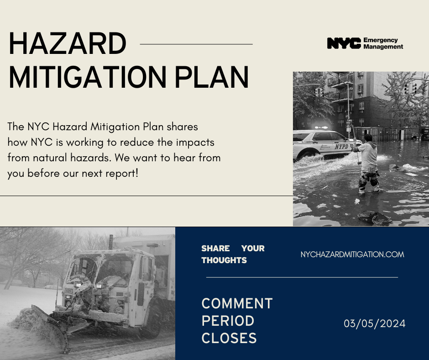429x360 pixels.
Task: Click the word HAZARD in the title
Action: click(x=68, y=44)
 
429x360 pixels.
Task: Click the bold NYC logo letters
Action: click(x=344, y=43)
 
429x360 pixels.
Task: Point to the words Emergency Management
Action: click(x=383, y=43)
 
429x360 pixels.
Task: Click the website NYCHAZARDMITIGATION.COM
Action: click(x=352, y=254)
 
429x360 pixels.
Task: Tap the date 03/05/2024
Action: click(x=375, y=324)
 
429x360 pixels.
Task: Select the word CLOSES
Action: click(x=229, y=339)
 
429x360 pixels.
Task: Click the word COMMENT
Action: click(x=237, y=304)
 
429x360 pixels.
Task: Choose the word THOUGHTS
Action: click(x=224, y=260)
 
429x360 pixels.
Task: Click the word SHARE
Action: click(x=215, y=249)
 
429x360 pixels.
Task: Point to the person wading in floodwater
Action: click(x=368, y=162)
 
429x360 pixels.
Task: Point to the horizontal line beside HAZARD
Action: click(x=196, y=44)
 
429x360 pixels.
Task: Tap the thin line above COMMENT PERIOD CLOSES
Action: click(x=302, y=277)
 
